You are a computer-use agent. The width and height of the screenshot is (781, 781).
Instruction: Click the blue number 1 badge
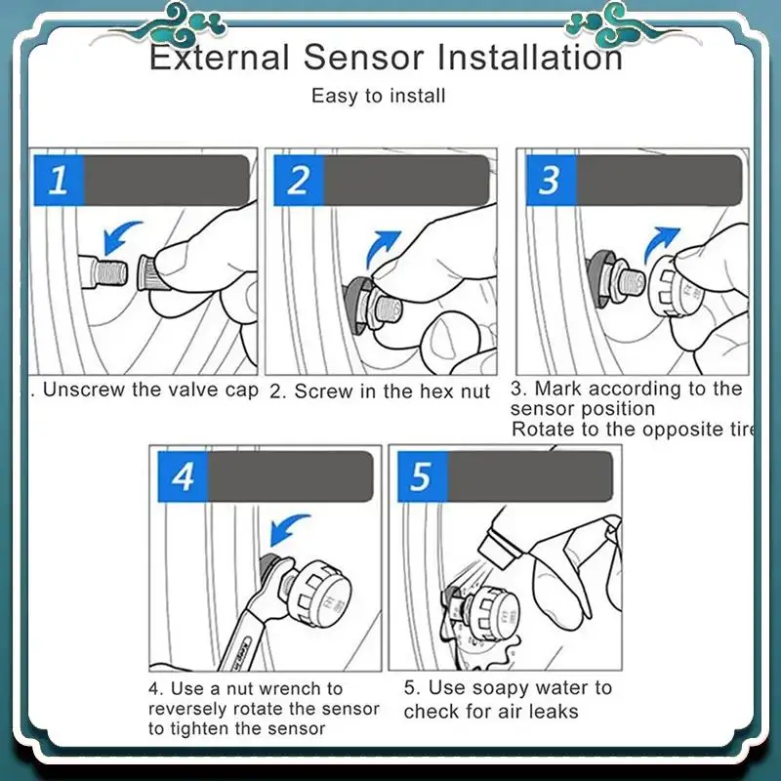(59, 180)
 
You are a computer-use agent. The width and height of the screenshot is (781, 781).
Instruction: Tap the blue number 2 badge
(299, 180)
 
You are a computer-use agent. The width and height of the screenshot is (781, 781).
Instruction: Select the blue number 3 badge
(551, 180)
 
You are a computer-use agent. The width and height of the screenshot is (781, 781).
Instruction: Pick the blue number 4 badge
(183, 476)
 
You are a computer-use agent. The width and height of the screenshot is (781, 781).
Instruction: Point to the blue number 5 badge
(423, 476)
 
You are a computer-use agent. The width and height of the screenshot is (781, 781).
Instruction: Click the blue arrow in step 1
(120, 235)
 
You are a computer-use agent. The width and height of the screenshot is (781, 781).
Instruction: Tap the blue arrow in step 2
(382, 248)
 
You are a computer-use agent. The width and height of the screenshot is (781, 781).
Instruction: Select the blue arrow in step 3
(661, 243)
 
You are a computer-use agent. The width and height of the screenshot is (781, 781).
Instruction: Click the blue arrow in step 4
(288, 529)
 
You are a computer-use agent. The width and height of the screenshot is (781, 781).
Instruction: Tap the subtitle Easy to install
(378, 96)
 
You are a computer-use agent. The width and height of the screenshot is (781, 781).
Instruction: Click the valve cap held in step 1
(148, 272)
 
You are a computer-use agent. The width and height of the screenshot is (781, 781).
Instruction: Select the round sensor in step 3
(677, 287)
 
